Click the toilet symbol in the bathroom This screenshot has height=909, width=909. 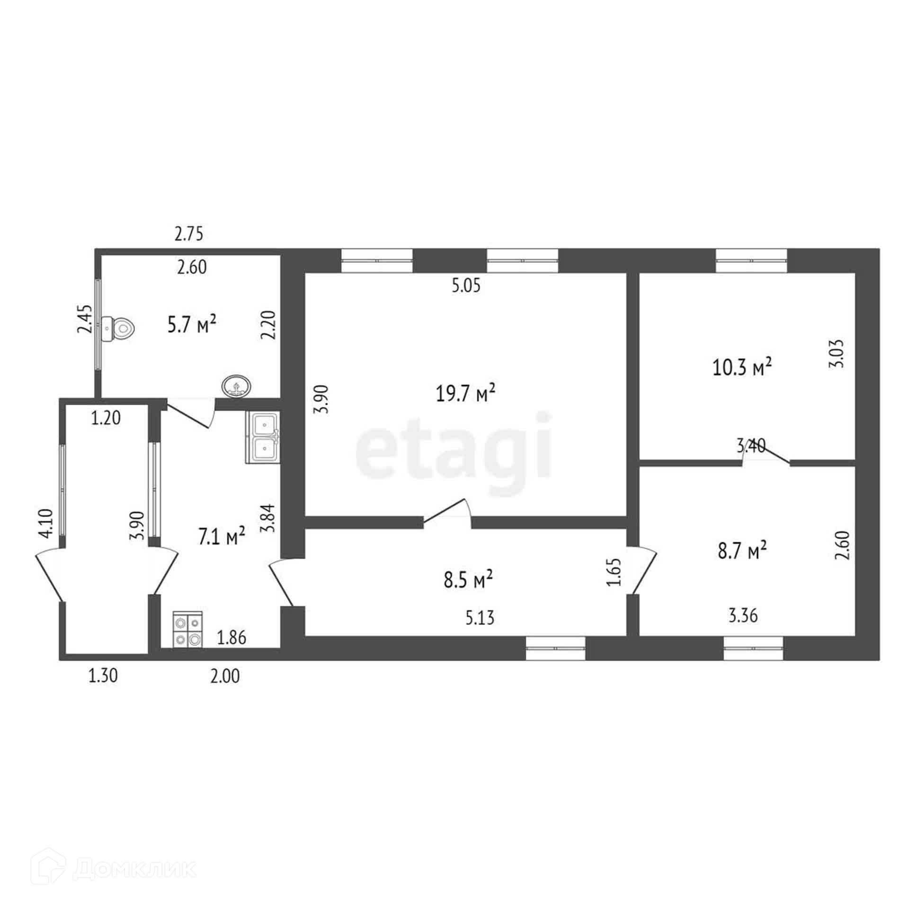(118, 327)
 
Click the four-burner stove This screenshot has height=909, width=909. (188, 629)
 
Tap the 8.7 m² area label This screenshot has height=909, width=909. (742, 551)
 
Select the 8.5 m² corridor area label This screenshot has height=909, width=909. (468, 579)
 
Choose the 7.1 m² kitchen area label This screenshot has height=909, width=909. (222, 537)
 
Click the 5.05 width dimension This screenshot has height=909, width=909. (466, 286)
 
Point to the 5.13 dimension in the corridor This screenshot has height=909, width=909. (480, 618)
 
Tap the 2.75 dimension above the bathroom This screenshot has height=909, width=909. (189, 234)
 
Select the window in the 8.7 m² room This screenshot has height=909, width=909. (753, 648)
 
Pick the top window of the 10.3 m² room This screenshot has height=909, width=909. (752, 261)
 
